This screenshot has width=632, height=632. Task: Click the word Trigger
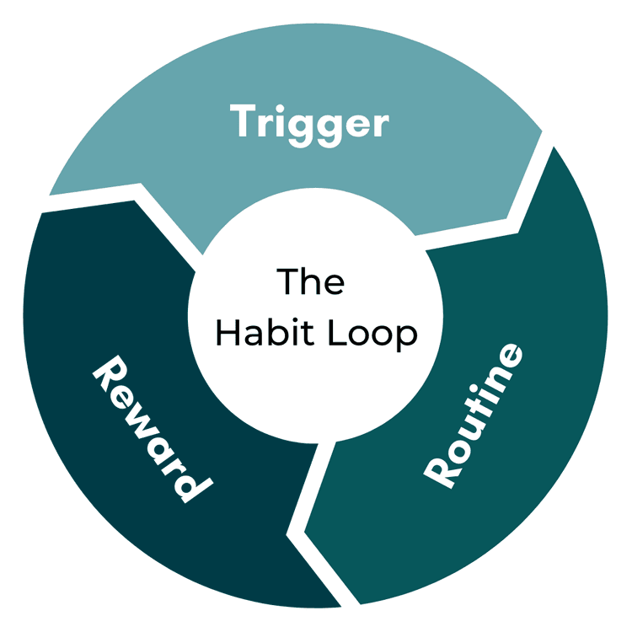point(311,124)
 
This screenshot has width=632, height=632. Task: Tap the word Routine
point(474,414)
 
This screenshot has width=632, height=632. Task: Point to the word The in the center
point(311,281)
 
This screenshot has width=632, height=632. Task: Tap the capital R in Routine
point(440,471)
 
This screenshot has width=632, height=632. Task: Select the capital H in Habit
point(227,333)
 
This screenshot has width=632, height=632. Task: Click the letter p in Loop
point(406,337)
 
